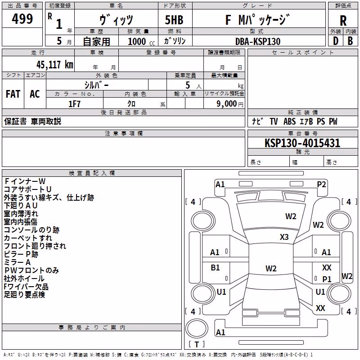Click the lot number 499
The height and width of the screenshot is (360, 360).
[22, 18]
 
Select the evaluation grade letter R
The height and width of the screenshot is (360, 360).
[343, 21]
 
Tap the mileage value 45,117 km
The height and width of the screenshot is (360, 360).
[54, 65]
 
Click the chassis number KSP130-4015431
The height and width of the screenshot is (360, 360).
[302, 143]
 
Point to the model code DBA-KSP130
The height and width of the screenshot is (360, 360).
[258, 41]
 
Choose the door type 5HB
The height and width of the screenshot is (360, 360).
[174, 20]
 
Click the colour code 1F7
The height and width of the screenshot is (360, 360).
[74, 104]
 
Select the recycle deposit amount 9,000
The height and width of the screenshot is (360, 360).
[227, 104]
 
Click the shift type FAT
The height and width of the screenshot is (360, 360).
[13, 94]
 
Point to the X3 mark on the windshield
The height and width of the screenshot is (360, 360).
[284, 237]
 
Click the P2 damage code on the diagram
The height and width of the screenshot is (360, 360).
[321, 184]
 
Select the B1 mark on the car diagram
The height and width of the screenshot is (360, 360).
[215, 267]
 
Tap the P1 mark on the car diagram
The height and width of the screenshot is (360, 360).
[327, 279]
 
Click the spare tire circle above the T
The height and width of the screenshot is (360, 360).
[197, 328]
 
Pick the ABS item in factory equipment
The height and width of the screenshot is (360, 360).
[289, 121]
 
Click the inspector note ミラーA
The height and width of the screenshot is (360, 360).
[17, 262]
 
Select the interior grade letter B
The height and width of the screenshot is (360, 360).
[350, 41]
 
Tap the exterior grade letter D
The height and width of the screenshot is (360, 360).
[336, 41]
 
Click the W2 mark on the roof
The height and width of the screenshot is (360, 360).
[271, 268]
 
